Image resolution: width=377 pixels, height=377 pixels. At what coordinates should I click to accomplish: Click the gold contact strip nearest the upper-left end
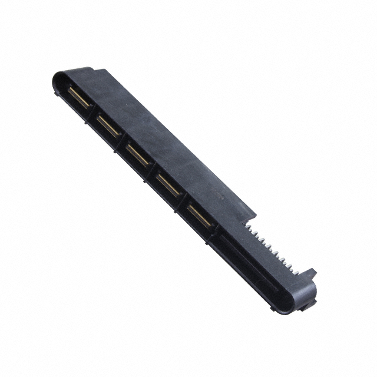[x=79, y=98]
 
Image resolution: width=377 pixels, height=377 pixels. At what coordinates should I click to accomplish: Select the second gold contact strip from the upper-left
[x=109, y=126]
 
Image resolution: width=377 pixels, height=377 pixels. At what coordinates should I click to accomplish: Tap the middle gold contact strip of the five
[x=138, y=155]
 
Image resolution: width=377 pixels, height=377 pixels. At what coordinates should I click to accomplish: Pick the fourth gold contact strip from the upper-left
[x=168, y=185]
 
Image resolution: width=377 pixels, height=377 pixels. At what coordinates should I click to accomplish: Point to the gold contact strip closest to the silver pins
[x=200, y=216]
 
